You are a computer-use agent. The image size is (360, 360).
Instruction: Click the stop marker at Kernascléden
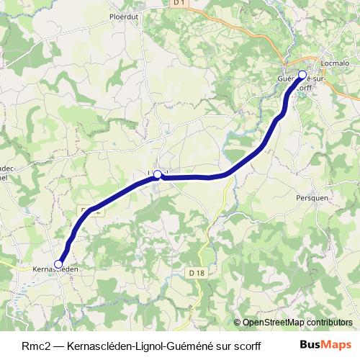tap(58, 264)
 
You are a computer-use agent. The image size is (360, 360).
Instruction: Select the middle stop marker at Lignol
tap(157, 174)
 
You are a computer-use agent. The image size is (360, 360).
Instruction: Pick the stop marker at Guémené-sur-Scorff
tap(302, 74)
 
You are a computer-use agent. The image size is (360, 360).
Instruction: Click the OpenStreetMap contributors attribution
tap(297, 322)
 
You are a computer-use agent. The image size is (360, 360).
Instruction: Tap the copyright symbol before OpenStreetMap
tap(238, 322)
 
